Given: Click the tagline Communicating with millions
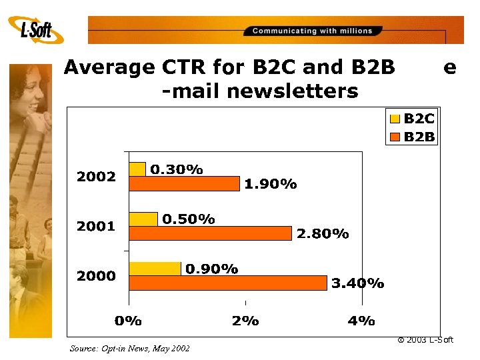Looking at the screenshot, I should point(312,31).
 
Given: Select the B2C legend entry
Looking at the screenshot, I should point(413,119).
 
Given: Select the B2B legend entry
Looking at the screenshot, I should point(413,137).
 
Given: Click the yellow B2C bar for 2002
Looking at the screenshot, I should point(137,169).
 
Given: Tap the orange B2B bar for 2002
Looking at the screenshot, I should point(183,183).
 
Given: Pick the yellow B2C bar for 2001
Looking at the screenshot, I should point(143,219).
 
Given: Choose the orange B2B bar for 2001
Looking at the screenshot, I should point(209,233).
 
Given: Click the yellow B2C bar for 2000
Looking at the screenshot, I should point(154,268).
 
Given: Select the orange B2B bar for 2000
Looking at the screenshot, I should point(227,283).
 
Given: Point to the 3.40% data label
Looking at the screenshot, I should point(357,283).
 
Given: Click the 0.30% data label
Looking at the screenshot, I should point(177,169).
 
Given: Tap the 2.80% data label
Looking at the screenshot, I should point(323,233).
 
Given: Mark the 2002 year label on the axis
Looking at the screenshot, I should point(96,177).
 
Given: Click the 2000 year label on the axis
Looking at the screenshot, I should point(96,275).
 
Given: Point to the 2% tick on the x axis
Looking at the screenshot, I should point(245,321).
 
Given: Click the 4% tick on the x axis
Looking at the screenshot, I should point(361,321).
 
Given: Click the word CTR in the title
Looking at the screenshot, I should point(183,67).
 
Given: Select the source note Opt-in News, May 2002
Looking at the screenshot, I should point(129,348).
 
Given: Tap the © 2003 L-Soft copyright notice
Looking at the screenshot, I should point(425,340).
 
